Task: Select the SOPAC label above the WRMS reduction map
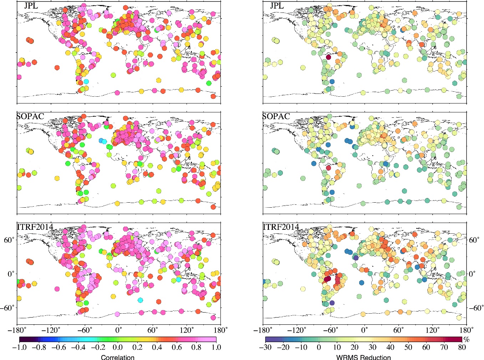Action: pos(276,117)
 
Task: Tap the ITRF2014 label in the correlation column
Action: pos(35,227)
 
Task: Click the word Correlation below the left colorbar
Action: pos(118,357)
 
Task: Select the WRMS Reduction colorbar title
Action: pos(363,357)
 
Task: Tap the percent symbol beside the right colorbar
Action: pos(466,340)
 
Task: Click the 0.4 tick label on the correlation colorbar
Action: pos(157,348)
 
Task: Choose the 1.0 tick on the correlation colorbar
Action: pos(216,348)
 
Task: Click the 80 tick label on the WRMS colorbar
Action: pos(462,348)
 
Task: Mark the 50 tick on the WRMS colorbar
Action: pos(408,348)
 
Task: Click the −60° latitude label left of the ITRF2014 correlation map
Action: pos(8,308)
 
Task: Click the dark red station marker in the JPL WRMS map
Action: pos(328,57)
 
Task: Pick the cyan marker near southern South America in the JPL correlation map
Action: pos(86,81)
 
